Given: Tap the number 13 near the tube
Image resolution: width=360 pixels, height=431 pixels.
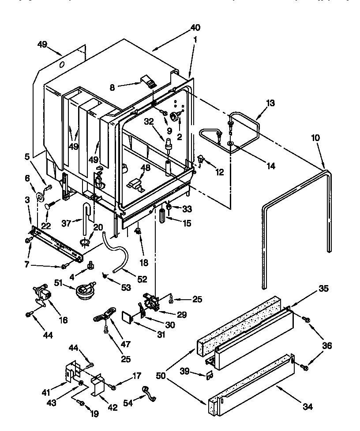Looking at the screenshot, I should pos(270,103).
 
